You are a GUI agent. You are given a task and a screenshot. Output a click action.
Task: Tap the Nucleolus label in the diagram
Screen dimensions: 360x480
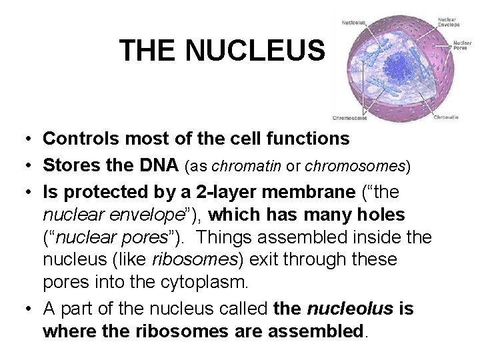pyautogui.click(x=353, y=22)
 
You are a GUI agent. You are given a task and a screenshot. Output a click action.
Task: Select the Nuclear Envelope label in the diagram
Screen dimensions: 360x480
pyautogui.click(x=448, y=21)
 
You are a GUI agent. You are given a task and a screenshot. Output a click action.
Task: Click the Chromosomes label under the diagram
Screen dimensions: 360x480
pyautogui.click(x=349, y=117)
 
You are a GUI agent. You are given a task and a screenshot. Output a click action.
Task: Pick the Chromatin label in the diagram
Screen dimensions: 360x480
pyautogui.click(x=446, y=117)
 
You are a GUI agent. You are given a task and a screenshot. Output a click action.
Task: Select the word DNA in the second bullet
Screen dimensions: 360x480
pyautogui.click(x=159, y=165)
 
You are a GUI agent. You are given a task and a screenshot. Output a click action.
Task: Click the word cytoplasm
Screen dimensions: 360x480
pyautogui.click(x=204, y=282)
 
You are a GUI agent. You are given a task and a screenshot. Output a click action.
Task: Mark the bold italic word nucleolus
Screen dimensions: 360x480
pyautogui.click(x=349, y=309)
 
